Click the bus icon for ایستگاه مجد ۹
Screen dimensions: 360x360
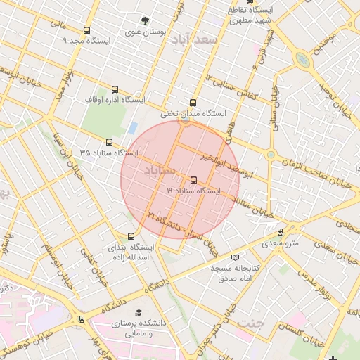[x=86, y=30]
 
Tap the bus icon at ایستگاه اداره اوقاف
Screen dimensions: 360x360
[x=115, y=89]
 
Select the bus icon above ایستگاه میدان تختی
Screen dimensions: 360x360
[x=193, y=103]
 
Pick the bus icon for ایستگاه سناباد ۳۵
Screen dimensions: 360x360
[x=108, y=142]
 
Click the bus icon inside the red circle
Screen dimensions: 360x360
[x=194, y=180]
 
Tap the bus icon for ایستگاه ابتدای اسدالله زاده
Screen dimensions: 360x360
[x=131, y=236]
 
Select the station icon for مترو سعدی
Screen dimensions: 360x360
[x=281, y=231]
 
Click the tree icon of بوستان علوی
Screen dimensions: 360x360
[x=145, y=20]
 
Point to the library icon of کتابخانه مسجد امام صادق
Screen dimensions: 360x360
[x=235, y=257]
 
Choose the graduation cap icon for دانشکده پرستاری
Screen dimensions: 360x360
[x=139, y=311]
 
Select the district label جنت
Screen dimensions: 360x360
[x=248, y=323]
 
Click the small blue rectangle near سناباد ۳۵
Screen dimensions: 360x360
[x=132, y=128]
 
